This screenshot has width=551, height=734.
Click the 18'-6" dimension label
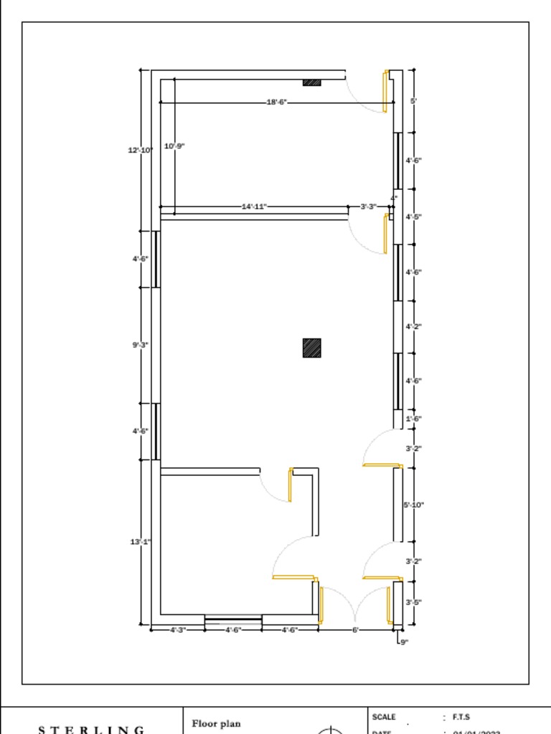pyautogui.click(x=277, y=103)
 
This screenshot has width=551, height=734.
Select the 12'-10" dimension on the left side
pyautogui.click(x=141, y=150)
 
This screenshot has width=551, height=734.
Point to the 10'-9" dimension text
pyautogui.click(x=174, y=146)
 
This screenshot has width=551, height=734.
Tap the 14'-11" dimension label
pyautogui.click(x=254, y=206)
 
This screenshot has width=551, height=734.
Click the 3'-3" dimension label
pyautogui.click(x=368, y=206)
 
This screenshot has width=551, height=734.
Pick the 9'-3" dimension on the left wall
pyautogui.click(x=140, y=345)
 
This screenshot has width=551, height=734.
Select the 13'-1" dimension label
pyautogui.click(x=140, y=542)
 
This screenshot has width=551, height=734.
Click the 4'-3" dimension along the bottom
pyautogui.click(x=177, y=630)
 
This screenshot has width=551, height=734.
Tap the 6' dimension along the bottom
pyautogui.click(x=355, y=630)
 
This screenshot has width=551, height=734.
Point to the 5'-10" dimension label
pyautogui.click(x=413, y=505)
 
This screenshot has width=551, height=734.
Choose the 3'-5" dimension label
pyautogui.click(x=413, y=602)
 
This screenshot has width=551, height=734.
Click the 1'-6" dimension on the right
pyautogui.click(x=413, y=419)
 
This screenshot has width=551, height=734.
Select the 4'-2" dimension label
pyautogui.click(x=413, y=326)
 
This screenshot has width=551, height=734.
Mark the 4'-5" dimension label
pyautogui.click(x=413, y=216)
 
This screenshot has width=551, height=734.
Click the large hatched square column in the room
pyautogui.click(x=311, y=348)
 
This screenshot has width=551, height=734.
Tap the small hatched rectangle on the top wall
pyautogui.click(x=311, y=82)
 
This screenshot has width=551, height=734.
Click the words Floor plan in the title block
pyautogui.click(x=216, y=724)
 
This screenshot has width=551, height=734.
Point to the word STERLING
pyautogui.click(x=91, y=730)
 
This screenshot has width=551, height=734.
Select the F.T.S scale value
pyautogui.click(x=461, y=717)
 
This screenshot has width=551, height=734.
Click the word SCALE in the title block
pyautogui.click(x=384, y=717)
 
